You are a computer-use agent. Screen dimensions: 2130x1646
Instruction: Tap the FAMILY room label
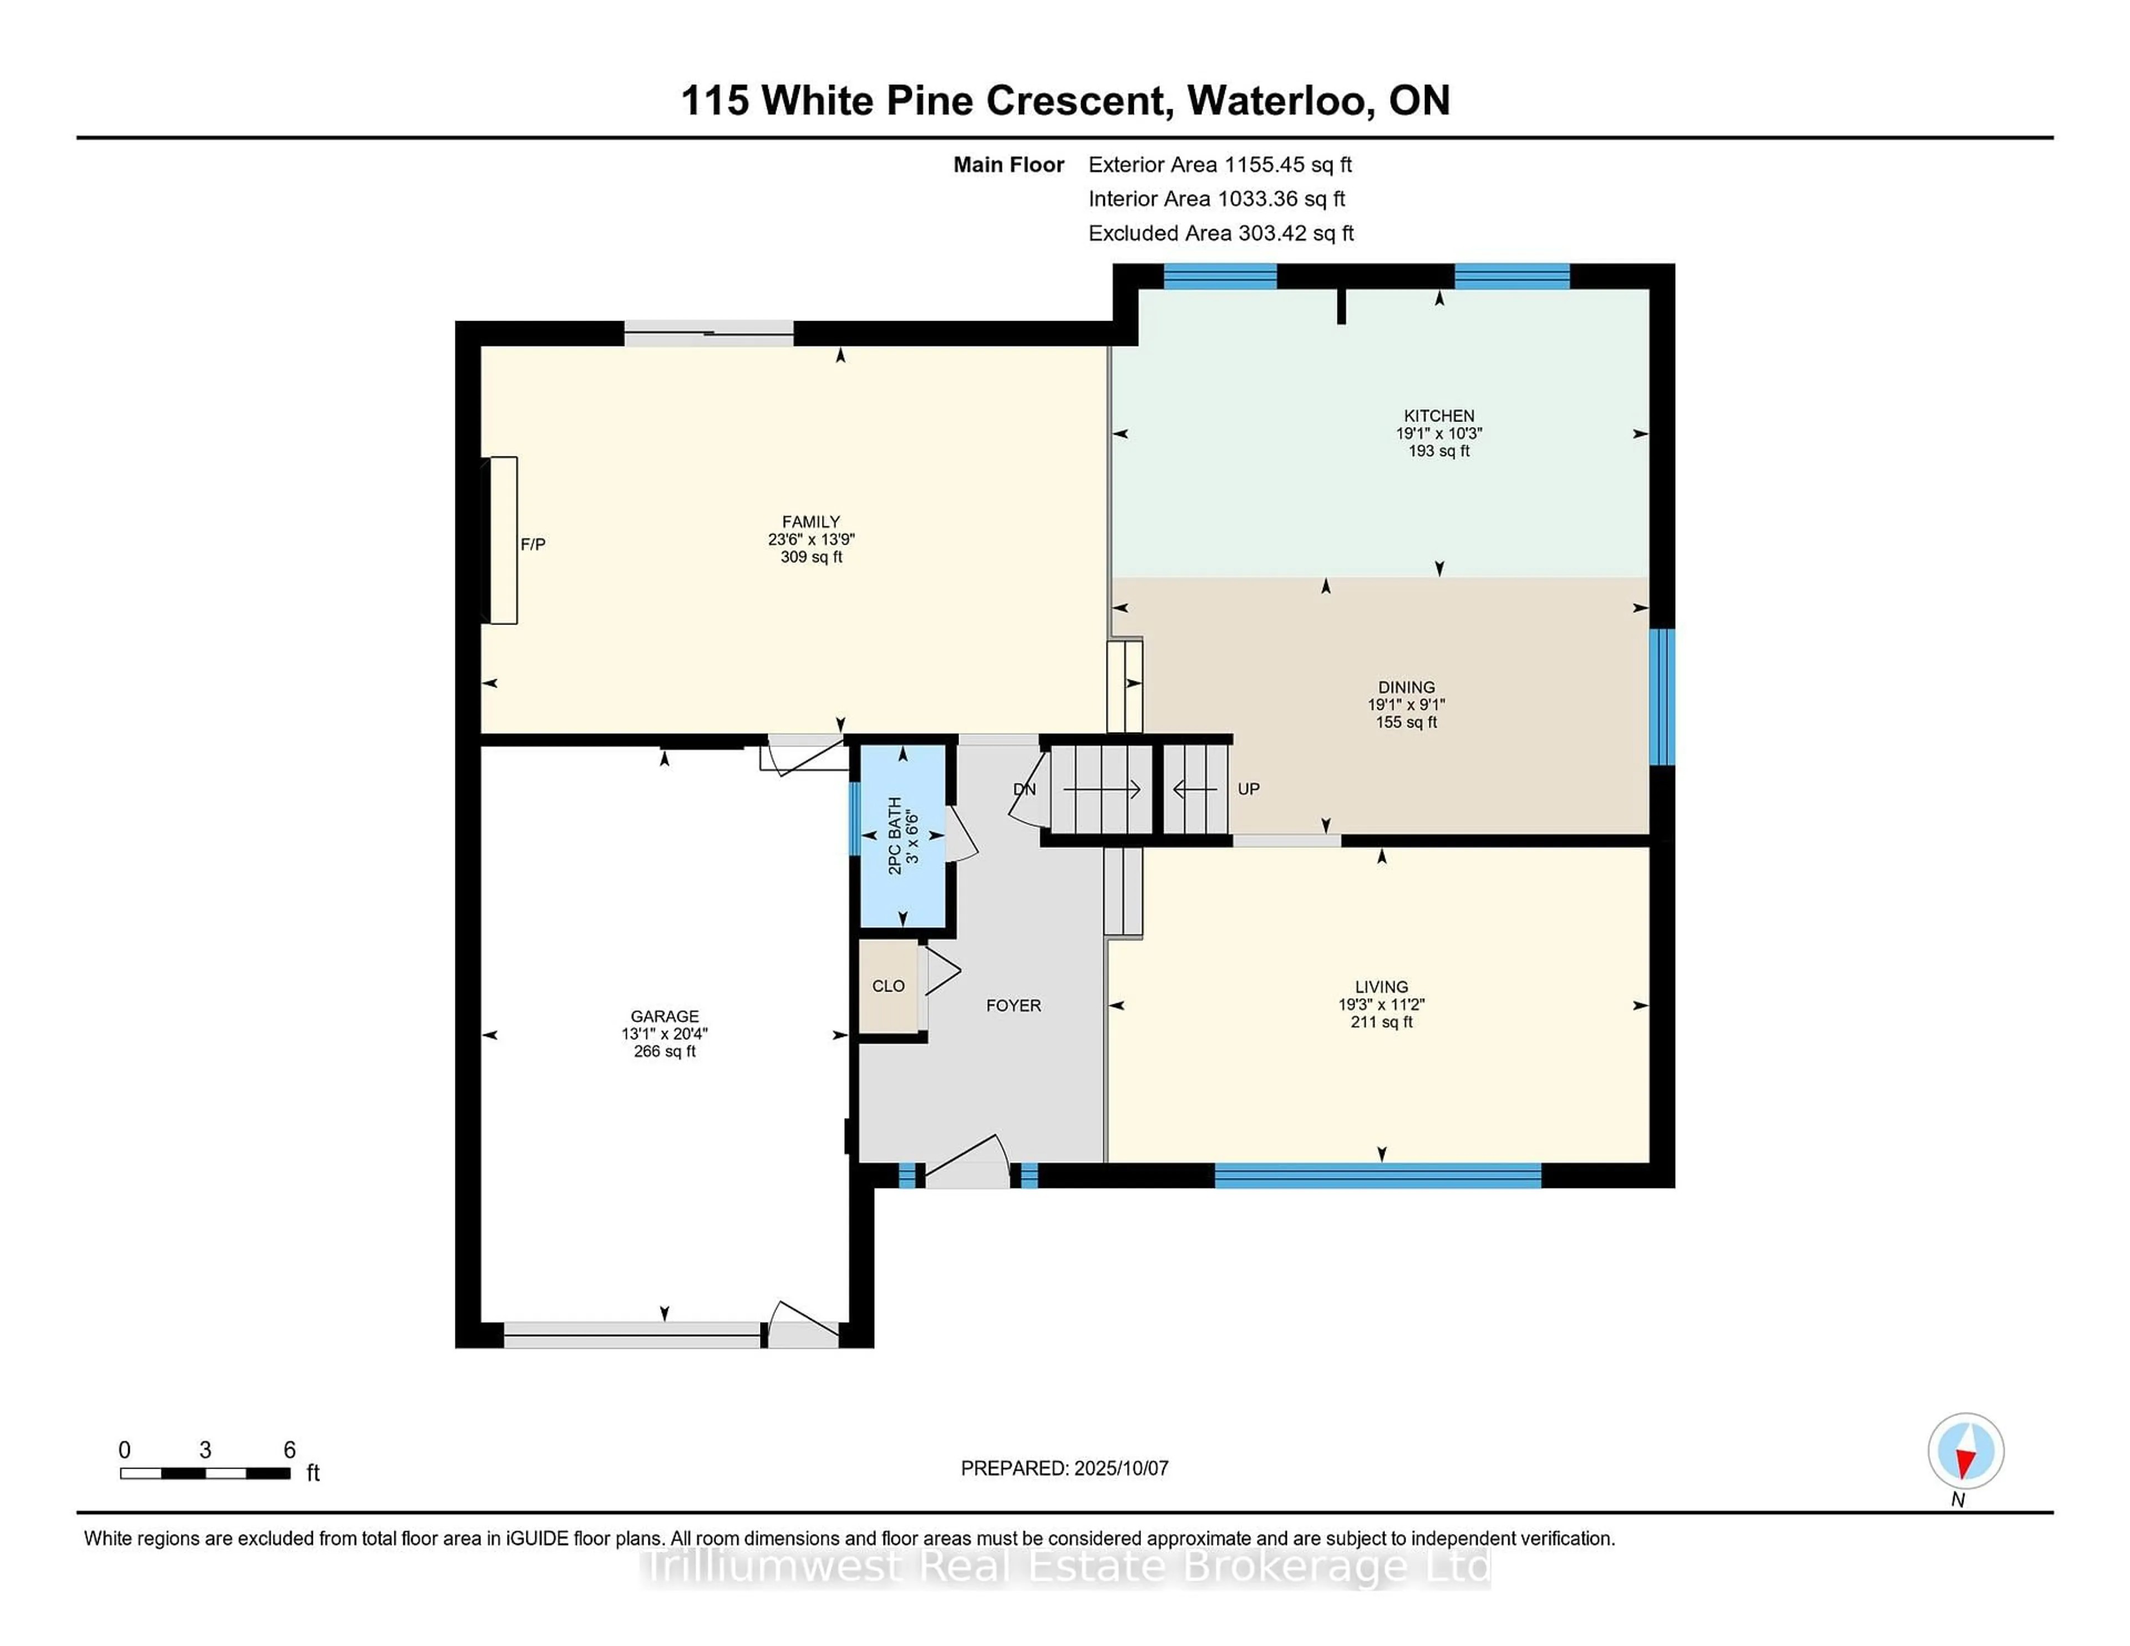[810, 522]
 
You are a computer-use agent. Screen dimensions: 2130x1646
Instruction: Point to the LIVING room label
[1381, 987]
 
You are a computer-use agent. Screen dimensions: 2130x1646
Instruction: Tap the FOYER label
[1013, 1005]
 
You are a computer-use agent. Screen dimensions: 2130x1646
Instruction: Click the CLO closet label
[889, 986]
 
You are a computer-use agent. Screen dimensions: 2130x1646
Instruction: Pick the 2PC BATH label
[894, 836]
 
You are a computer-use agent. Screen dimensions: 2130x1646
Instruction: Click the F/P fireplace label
[532, 544]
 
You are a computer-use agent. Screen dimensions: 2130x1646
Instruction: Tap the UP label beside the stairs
[1249, 789]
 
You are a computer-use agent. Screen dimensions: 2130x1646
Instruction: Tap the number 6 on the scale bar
[290, 1450]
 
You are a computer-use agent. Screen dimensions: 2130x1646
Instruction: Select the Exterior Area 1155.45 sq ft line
[1220, 165]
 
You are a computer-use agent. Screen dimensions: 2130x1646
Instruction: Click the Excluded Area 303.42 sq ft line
[1221, 233]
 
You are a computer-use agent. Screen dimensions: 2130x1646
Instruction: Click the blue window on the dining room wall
[1662, 697]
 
